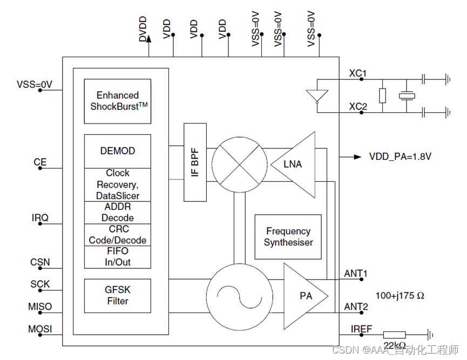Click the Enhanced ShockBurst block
click(x=118, y=101)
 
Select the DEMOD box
click(x=118, y=151)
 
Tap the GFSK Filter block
click(x=118, y=295)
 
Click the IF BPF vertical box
click(x=195, y=162)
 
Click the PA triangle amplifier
click(x=304, y=296)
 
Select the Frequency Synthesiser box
click(x=288, y=237)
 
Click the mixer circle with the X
click(x=239, y=162)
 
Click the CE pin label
click(x=40, y=162)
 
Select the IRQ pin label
click(x=40, y=218)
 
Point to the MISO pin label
click(x=40, y=307)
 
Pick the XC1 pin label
click(x=358, y=73)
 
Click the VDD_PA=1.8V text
click(x=400, y=157)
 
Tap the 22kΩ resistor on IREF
click(x=394, y=335)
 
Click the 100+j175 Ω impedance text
click(x=400, y=296)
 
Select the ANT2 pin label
click(x=356, y=307)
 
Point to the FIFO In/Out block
click(x=118, y=257)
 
